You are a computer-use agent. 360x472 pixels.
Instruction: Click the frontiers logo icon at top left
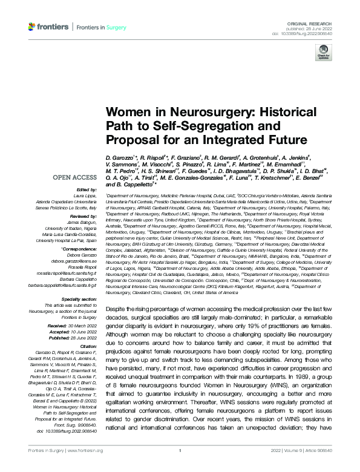[x=33, y=27]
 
